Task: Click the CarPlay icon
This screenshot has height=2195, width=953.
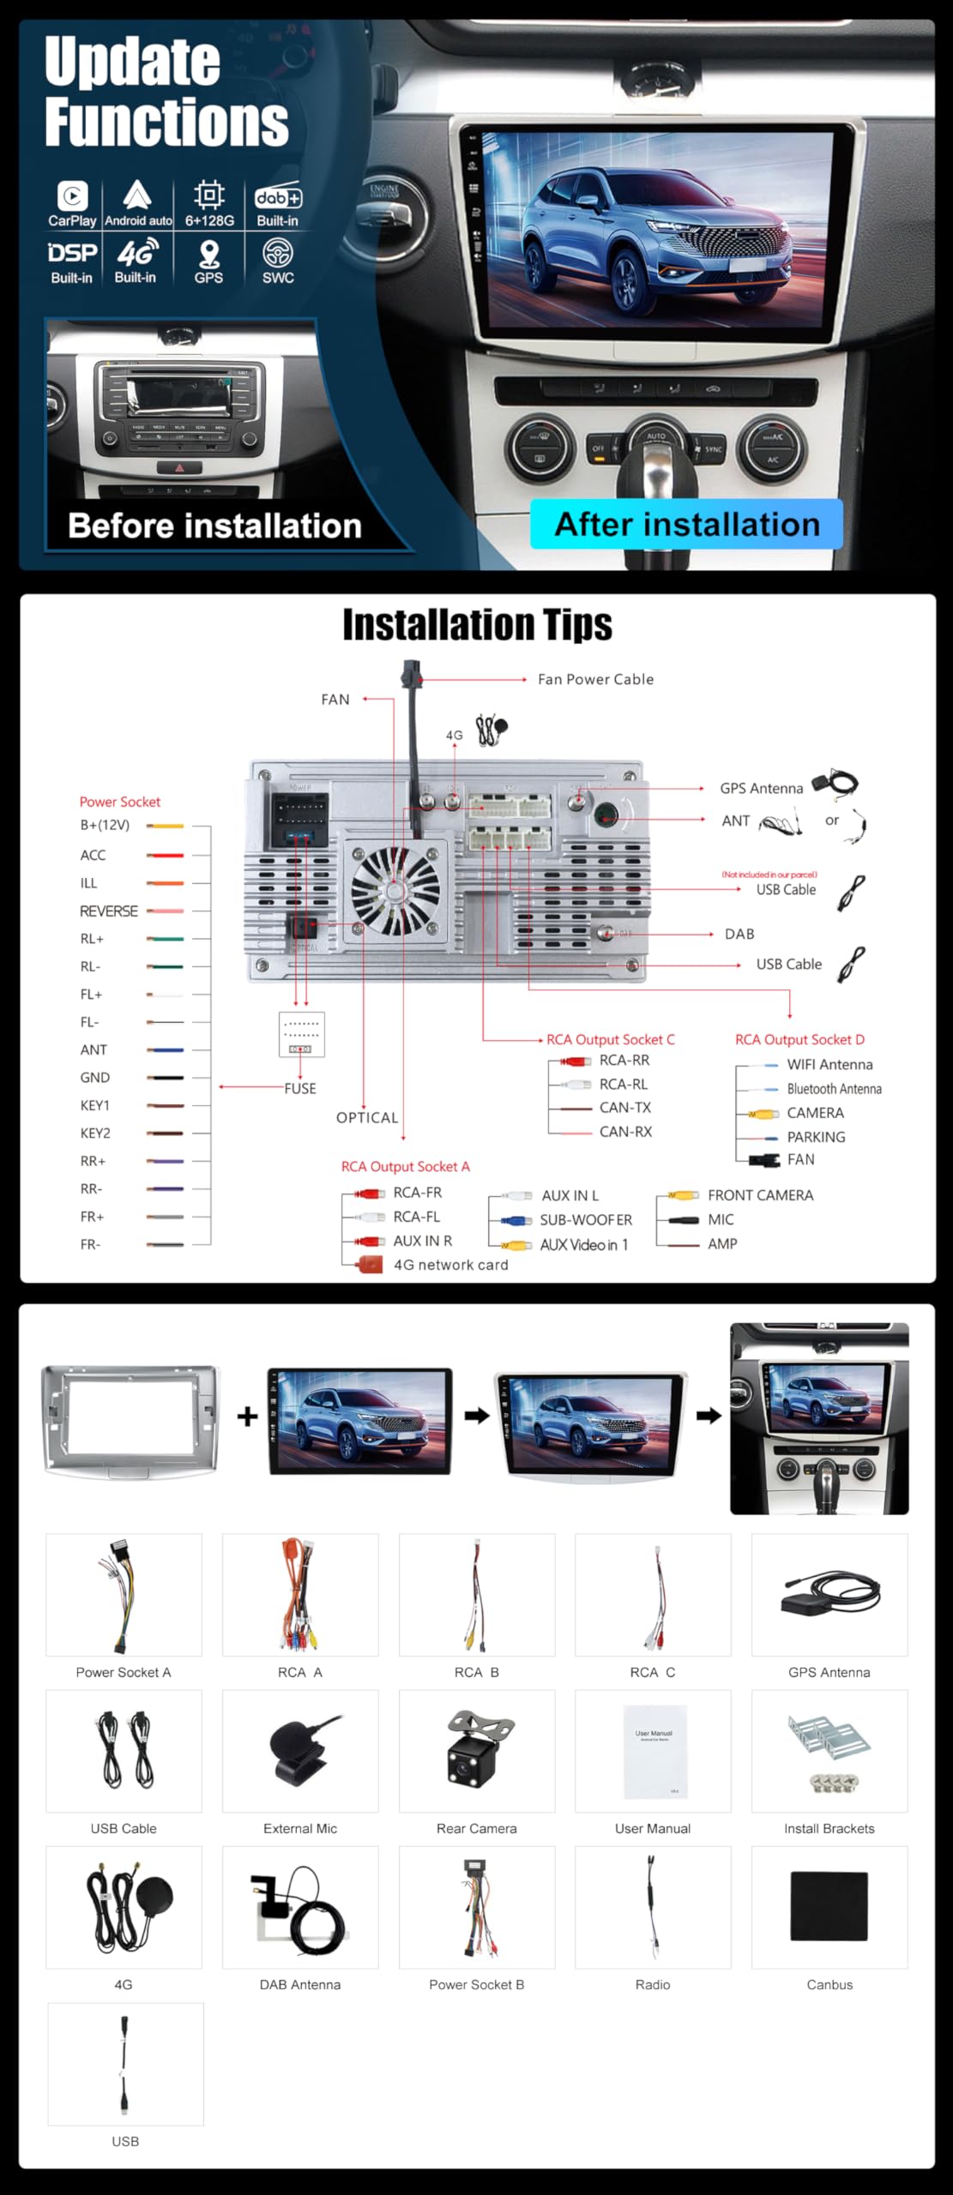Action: point(72,196)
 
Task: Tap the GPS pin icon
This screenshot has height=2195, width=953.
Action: point(208,255)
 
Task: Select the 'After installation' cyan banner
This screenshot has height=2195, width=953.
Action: point(686,524)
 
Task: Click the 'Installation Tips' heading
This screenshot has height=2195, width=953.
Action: point(477,625)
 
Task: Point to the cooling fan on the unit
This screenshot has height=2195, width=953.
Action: point(395,891)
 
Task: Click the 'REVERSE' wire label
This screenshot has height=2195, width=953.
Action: point(109,911)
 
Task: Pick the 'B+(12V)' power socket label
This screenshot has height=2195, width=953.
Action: point(105,825)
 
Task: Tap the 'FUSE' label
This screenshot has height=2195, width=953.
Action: point(300,1088)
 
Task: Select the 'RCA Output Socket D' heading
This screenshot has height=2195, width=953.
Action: point(799,1039)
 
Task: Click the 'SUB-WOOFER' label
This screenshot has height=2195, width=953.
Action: point(586,1219)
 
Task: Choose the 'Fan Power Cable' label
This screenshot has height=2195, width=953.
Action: point(595,679)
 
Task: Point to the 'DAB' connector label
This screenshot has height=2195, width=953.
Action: point(739,934)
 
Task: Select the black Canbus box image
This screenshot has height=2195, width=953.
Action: point(829,1906)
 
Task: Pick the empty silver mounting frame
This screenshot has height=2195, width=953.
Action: point(130,1421)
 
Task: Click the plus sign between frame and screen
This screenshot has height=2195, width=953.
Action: point(247,1416)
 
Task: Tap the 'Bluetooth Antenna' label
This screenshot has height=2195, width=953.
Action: point(834,1089)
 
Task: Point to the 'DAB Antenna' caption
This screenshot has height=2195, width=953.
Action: point(300,1985)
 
